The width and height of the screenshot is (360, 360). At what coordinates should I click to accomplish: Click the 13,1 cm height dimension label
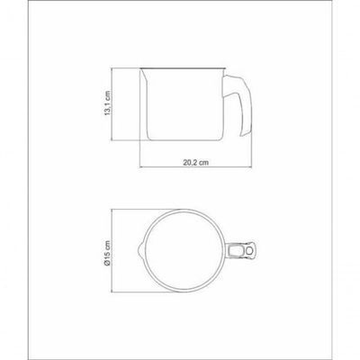(108, 103)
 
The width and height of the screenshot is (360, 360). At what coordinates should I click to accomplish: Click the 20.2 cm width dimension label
(196, 162)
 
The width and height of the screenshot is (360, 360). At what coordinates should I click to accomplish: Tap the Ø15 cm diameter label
(108, 253)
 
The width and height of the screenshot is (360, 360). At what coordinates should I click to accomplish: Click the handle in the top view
(241, 250)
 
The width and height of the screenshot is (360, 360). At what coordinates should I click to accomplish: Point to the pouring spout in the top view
(140, 250)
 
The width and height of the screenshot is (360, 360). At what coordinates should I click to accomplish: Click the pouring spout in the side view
(143, 76)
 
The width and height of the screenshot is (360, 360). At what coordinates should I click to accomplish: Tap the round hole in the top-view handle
(250, 250)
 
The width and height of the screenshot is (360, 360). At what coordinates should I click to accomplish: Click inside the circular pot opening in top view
(184, 250)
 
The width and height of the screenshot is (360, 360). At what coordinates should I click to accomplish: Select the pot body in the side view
(183, 104)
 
